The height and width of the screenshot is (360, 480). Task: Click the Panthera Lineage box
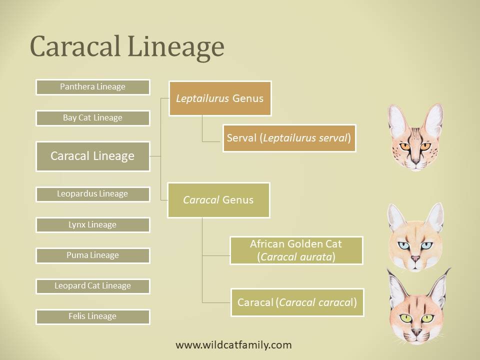click(93, 87)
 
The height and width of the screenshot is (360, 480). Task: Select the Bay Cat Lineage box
click(93, 118)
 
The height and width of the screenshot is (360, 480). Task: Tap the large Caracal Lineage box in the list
click(93, 156)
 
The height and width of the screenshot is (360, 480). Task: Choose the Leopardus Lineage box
click(93, 194)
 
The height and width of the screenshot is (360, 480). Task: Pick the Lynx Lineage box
click(93, 225)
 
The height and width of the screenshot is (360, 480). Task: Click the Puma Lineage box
click(93, 255)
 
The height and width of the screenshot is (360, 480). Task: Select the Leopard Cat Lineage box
click(93, 286)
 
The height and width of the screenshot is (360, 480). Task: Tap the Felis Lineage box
click(93, 316)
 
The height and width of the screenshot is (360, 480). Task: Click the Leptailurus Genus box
click(220, 98)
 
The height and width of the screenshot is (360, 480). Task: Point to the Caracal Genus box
click(218, 200)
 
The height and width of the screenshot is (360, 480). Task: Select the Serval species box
click(289, 138)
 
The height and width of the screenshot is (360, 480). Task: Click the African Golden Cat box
click(296, 250)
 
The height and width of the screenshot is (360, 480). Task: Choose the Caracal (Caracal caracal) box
click(297, 302)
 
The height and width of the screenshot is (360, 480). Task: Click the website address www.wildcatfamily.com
click(233, 345)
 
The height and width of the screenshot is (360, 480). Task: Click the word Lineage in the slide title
click(176, 47)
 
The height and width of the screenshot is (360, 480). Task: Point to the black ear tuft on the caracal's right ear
click(447, 272)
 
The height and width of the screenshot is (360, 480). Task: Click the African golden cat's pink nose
click(415, 258)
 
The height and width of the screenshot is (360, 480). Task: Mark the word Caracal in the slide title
click(75, 46)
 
